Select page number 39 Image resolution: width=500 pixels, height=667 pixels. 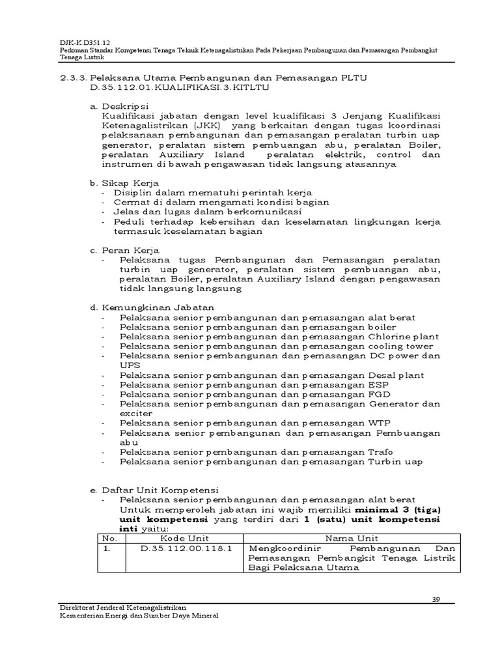pyautogui.click(x=437, y=599)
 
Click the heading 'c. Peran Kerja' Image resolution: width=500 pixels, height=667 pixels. pyautogui.click(x=125, y=249)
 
